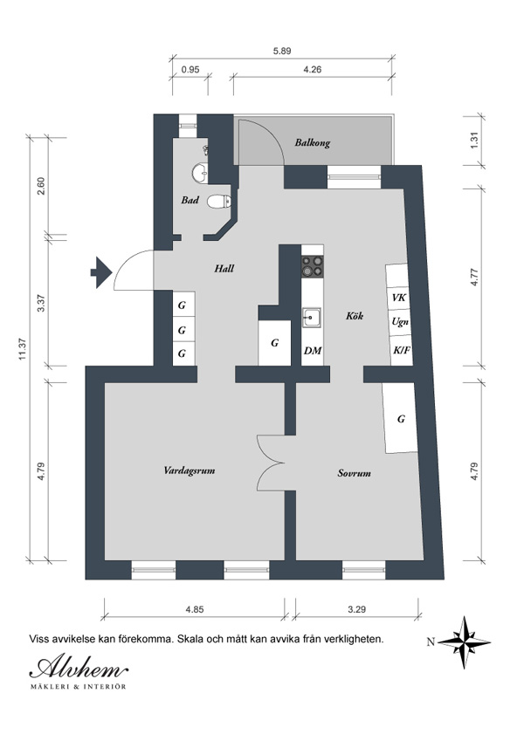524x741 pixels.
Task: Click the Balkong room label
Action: pyautogui.click(x=312, y=142)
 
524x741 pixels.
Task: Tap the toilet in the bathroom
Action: pyautogui.click(x=219, y=202)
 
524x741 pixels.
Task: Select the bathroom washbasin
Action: pyautogui.click(x=201, y=174)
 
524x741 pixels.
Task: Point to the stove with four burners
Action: pyautogui.click(x=313, y=266)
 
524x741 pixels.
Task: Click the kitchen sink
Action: pyautogui.click(x=312, y=317)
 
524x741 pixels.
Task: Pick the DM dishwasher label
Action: pyautogui.click(x=313, y=351)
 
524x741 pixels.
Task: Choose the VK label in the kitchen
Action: pyautogui.click(x=398, y=298)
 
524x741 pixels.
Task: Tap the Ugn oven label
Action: pyautogui.click(x=400, y=322)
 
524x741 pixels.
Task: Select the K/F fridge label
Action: pyautogui.click(x=402, y=350)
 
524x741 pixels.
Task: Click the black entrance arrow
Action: pyautogui.click(x=101, y=272)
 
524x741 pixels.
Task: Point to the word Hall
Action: pyautogui.click(x=224, y=269)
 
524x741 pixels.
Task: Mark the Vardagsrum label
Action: pyautogui.click(x=190, y=470)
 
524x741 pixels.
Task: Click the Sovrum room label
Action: pyautogui.click(x=354, y=473)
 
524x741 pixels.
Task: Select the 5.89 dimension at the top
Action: pyautogui.click(x=282, y=51)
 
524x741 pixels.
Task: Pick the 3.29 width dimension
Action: pyautogui.click(x=356, y=609)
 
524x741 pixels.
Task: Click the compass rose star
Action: pyautogui.click(x=464, y=642)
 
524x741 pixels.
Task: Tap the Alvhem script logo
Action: pyautogui.click(x=79, y=668)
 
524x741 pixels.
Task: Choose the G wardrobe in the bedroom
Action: pyautogui.click(x=401, y=418)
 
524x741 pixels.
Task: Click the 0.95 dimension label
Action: pyautogui.click(x=190, y=70)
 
